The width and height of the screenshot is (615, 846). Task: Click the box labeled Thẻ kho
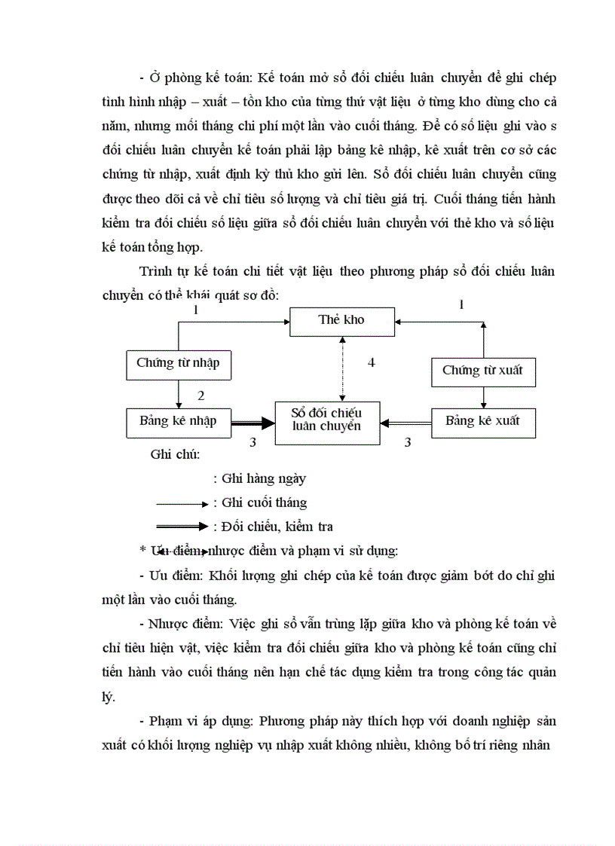[x=341, y=320]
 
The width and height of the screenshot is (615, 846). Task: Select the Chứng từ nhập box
[x=178, y=363]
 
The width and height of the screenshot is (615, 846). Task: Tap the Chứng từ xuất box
[x=482, y=370]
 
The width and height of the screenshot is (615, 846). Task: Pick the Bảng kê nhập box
[x=178, y=421]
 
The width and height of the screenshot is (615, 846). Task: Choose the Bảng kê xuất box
[x=482, y=421]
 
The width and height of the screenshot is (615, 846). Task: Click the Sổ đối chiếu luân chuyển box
[x=327, y=420]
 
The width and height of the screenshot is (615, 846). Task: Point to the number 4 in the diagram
[x=371, y=363]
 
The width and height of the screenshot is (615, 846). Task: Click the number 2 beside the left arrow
[x=200, y=396]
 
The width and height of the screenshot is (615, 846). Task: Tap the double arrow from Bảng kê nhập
[x=252, y=423]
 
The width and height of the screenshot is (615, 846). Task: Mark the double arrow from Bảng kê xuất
[x=405, y=423]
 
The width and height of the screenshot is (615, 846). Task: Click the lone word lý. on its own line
[x=109, y=697]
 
